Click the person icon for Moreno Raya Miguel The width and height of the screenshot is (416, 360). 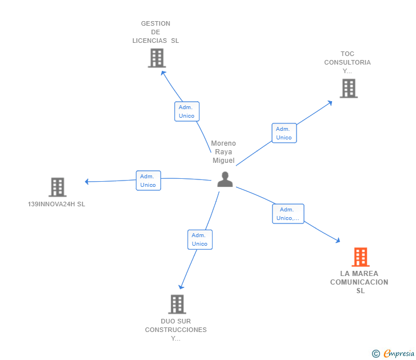click(x=225, y=179)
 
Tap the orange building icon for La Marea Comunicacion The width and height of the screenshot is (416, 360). click(x=360, y=257)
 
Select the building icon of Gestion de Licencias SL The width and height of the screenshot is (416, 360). click(x=156, y=58)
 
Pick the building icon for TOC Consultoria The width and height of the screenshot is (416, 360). click(x=348, y=89)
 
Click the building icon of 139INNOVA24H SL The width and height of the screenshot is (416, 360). click(x=57, y=187)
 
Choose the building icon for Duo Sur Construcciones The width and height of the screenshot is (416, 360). click(x=177, y=304)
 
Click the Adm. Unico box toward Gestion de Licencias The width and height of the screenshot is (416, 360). click(x=186, y=111)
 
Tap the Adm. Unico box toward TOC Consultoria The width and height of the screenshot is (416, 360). click(x=284, y=133)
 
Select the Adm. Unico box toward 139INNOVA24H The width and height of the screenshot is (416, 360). click(x=148, y=181)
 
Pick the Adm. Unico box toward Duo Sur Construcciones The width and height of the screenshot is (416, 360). click(x=199, y=239)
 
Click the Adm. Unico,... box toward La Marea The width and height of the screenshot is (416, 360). click(x=287, y=214)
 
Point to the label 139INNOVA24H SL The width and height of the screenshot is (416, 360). click(x=57, y=204)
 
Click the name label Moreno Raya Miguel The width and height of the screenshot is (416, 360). click(x=223, y=152)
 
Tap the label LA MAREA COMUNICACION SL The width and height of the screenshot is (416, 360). click(x=359, y=282)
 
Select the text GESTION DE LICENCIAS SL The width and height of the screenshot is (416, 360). click(x=155, y=32)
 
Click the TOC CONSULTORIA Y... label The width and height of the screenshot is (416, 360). click(x=347, y=62)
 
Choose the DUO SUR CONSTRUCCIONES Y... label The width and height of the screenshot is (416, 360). click(x=176, y=330)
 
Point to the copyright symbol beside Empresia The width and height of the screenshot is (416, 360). click(x=375, y=354)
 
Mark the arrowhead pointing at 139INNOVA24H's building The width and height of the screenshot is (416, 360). click(x=87, y=182)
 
